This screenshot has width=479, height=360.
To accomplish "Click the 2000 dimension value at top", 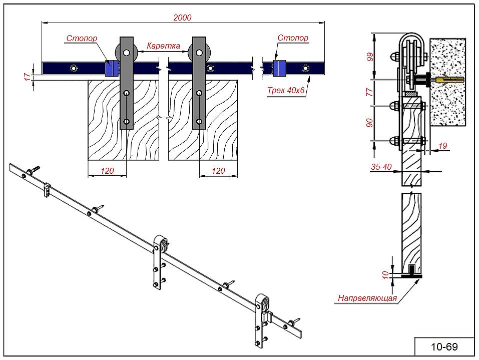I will (182, 17).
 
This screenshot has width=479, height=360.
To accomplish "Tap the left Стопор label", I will (82, 38).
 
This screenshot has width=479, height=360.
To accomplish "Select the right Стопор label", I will (293, 38).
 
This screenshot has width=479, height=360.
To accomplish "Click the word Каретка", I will (163, 46).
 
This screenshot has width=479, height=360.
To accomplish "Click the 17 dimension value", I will (27, 76).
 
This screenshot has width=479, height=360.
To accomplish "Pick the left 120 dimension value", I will (107, 171).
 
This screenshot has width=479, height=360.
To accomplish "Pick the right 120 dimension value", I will (218, 171).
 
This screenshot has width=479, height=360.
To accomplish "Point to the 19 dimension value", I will (442, 146).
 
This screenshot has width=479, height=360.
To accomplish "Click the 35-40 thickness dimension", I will (381, 167).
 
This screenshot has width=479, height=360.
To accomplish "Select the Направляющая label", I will (367, 298).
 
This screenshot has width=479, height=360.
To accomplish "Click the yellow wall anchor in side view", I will (447, 80).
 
